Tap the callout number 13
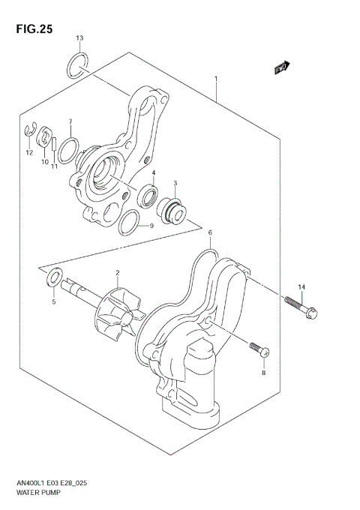pyautogui.click(x=80, y=37)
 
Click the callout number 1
pyautogui.click(x=215, y=78)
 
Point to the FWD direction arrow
pyautogui.click(x=281, y=70)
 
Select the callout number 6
pyautogui.click(x=211, y=233)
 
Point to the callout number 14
pyautogui.click(x=301, y=287)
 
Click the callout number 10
pyautogui.click(x=44, y=161)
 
